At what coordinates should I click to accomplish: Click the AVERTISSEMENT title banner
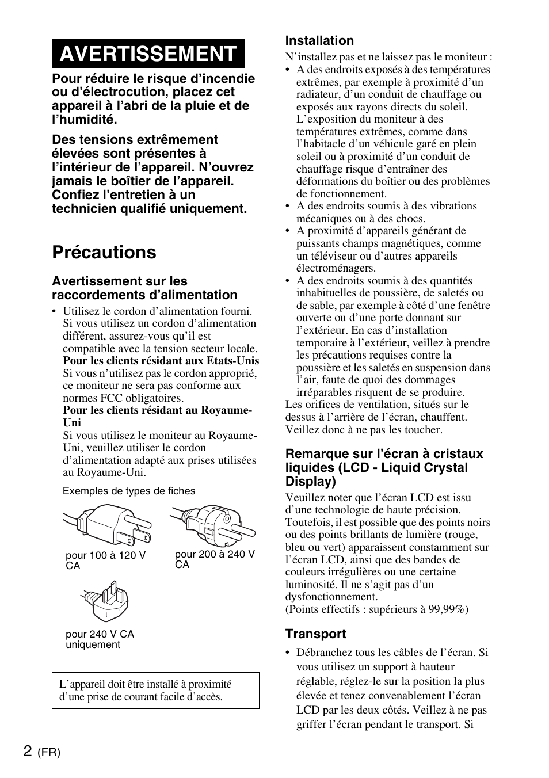click(147, 54)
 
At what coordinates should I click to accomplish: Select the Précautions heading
click(104, 253)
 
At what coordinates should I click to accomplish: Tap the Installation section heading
click(319, 41)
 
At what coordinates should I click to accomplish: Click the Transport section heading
click(315, 634)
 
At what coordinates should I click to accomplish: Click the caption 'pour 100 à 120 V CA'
click(105, 560)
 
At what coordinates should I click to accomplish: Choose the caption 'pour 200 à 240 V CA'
click(214, 559)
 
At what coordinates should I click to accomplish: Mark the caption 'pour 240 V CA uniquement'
click(100, 639)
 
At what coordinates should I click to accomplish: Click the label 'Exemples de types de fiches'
click(129, 491)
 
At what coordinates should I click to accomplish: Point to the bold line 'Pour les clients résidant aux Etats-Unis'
click(161, 361)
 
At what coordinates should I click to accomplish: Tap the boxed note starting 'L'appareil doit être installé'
click(155, 691)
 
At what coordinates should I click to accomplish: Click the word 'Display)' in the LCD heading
click(310, 482)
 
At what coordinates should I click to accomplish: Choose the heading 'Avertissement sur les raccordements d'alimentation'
click(144, 288)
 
